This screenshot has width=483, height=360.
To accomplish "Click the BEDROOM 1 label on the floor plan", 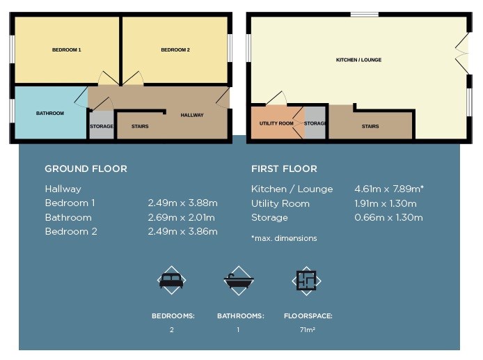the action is point(67,49).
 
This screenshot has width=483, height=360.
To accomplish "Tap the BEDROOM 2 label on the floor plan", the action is point(175,49).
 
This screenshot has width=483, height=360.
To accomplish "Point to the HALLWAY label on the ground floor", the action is point(192,115).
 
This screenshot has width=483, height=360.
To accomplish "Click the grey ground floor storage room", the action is point(102,125).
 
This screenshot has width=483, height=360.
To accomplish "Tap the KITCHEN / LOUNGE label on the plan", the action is point(358,60).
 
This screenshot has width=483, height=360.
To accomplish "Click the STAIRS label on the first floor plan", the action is point(370,126).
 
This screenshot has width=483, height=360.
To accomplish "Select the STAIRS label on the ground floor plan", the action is point(140,126).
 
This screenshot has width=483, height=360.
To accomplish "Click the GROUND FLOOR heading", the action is point(86,169).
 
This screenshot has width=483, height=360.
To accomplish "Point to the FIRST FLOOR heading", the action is point(284,169).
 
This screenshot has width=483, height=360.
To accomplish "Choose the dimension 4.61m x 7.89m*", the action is point(389,189).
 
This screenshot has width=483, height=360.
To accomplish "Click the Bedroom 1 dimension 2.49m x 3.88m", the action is point(182,203).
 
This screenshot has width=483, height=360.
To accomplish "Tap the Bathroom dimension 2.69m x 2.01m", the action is point(181,217).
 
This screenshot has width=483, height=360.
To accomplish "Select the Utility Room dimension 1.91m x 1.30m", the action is point(386,203).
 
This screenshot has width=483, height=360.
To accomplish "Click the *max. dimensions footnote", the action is point(284,238).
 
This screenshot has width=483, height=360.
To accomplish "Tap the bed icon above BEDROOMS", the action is point(172,281).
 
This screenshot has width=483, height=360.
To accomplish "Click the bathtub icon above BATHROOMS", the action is point(239,281).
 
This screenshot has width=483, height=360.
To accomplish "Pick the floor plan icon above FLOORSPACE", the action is point(306,281).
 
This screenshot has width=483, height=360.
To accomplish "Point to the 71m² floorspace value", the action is point(308,330).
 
